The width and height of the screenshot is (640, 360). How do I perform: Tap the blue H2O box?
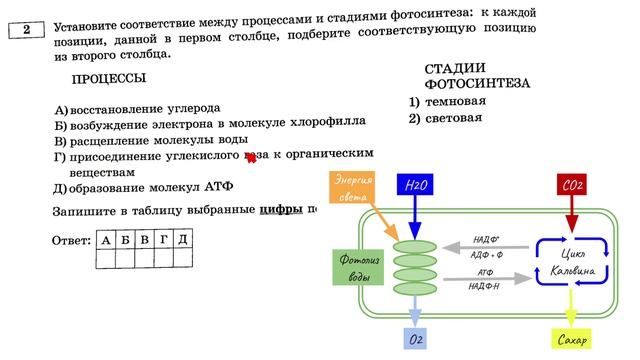(416, 186)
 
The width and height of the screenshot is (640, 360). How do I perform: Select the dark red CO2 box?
(572, 186)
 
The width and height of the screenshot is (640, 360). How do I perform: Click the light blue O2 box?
(415, 339)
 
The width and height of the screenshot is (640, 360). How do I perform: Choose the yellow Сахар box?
(572, 339)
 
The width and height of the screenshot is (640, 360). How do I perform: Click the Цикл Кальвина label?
(572, 263)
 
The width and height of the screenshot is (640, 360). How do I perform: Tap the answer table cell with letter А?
(106, 240)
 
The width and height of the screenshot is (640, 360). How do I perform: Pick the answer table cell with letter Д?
(181, 240)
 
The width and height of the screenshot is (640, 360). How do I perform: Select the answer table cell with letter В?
(144, 240)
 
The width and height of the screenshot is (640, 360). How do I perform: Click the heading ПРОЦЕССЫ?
(109, 79)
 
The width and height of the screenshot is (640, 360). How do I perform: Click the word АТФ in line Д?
(218, 187)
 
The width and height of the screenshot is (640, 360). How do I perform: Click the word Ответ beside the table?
(70, 241)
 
